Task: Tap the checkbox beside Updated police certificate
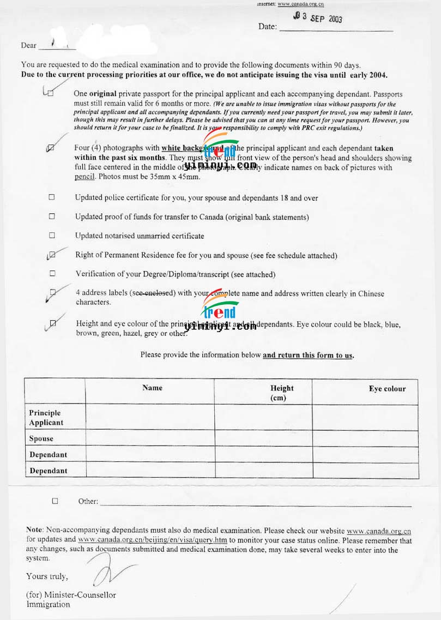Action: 52,197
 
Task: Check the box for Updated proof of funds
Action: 52,216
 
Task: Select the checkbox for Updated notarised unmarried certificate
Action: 52,236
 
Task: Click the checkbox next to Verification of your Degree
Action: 52,273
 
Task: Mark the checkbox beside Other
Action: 55,501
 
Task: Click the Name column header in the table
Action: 152,388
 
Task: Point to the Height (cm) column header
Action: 281,393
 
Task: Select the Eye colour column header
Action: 387,389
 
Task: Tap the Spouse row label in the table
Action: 41,438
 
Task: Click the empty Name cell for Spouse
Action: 150,438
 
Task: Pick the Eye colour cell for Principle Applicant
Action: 365,418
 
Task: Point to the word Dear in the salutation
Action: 29,45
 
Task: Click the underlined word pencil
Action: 85,177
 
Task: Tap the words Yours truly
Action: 47,576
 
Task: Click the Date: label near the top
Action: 268,27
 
